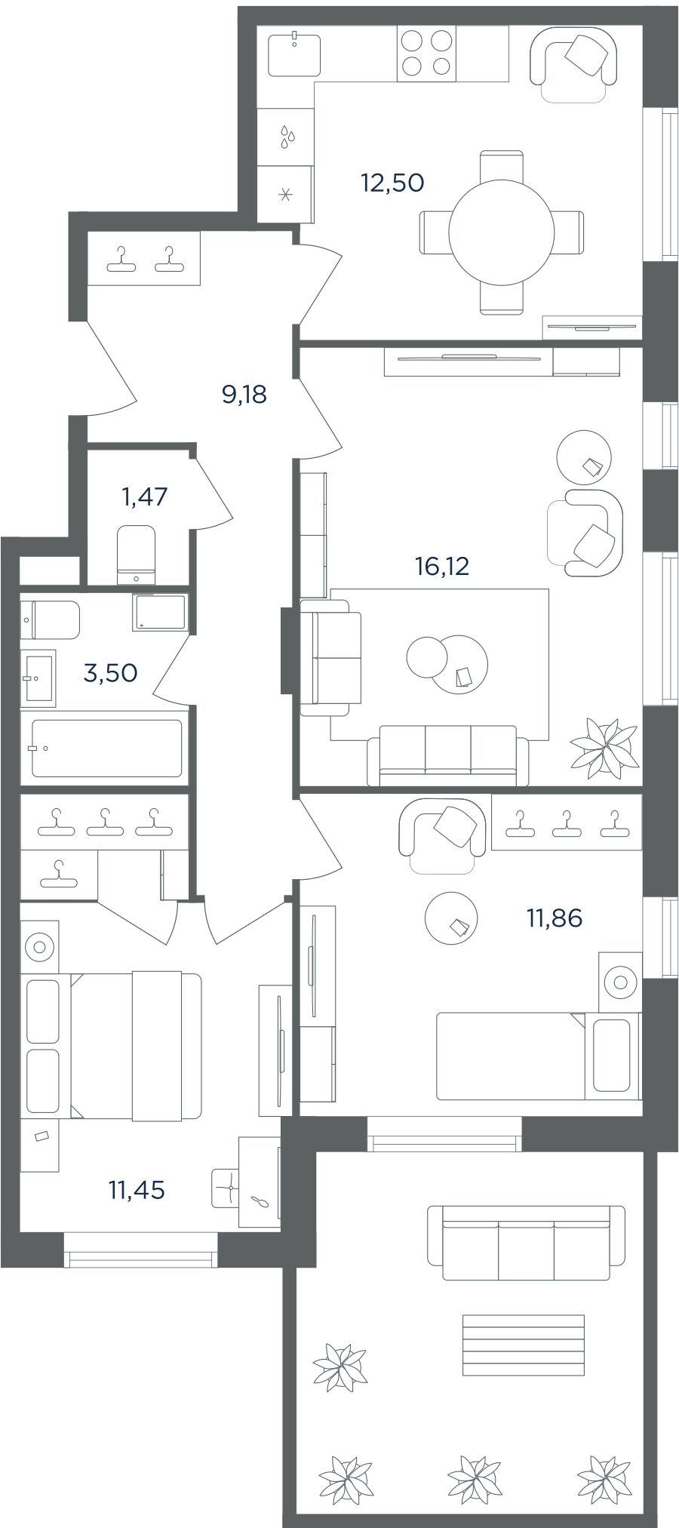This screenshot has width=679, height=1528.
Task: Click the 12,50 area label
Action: tap(392, 183)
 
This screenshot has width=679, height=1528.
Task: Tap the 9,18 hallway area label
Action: tap(244, 394)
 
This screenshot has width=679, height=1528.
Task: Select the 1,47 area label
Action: tap(144, 497)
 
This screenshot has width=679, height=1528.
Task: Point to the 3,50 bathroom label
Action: tap(110, 672)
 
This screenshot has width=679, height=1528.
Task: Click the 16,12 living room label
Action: tap(442, 565)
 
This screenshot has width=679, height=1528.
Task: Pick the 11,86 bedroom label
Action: tap(555, 918)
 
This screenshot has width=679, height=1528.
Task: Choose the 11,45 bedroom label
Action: tap(137, 1190)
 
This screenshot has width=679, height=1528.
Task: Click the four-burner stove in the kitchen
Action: tap(426, 53)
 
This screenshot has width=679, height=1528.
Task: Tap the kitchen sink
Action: tap(294, 54)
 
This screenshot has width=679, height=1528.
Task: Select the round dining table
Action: tap(501, 232)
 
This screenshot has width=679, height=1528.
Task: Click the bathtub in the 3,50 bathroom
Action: tap(106, 748)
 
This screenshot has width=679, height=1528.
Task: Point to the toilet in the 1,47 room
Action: tap(137, 555)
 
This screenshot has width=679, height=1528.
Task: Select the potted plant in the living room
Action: tap(604, 748)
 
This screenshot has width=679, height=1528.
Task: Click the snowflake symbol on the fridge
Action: tap(285, 195)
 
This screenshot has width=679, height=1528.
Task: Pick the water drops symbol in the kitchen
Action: tap(287, 137)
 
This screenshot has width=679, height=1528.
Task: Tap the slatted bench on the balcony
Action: tap(524, 1347)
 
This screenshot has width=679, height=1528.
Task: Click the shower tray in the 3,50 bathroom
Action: tap(159, 613)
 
